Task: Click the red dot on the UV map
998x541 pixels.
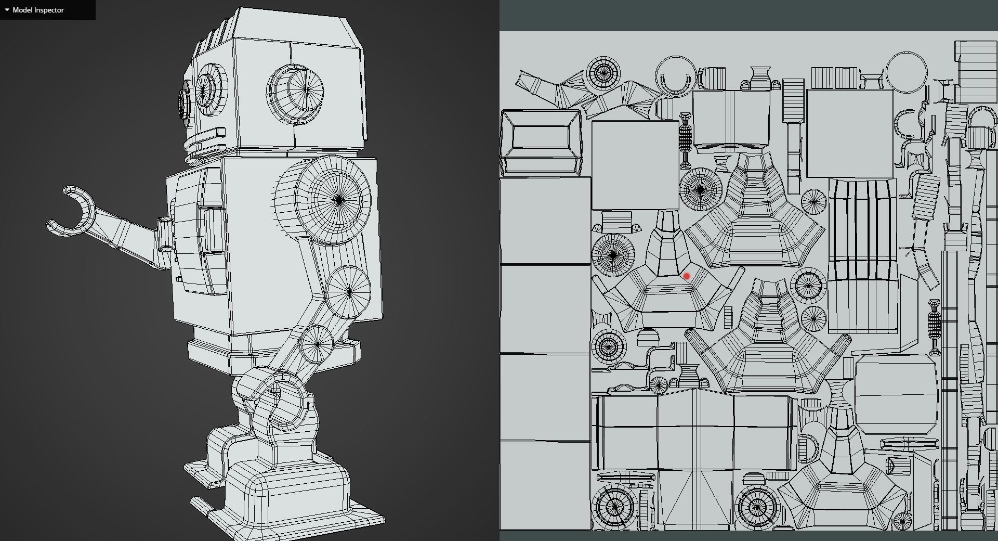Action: click(687, 276)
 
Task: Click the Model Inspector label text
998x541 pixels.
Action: click(38, 10)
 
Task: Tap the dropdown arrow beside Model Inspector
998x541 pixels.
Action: click(7, 10)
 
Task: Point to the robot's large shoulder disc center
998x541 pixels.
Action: click(339, 200)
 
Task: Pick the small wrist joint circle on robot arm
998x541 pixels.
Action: click(317, 343)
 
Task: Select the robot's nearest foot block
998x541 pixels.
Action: click(291, 494)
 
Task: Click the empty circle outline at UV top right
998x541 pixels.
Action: click(906, 72)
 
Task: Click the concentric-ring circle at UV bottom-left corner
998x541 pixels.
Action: click(614, 507)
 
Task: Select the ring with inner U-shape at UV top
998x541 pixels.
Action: click(675, 77)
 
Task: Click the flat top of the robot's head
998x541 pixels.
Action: click(291, 29)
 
